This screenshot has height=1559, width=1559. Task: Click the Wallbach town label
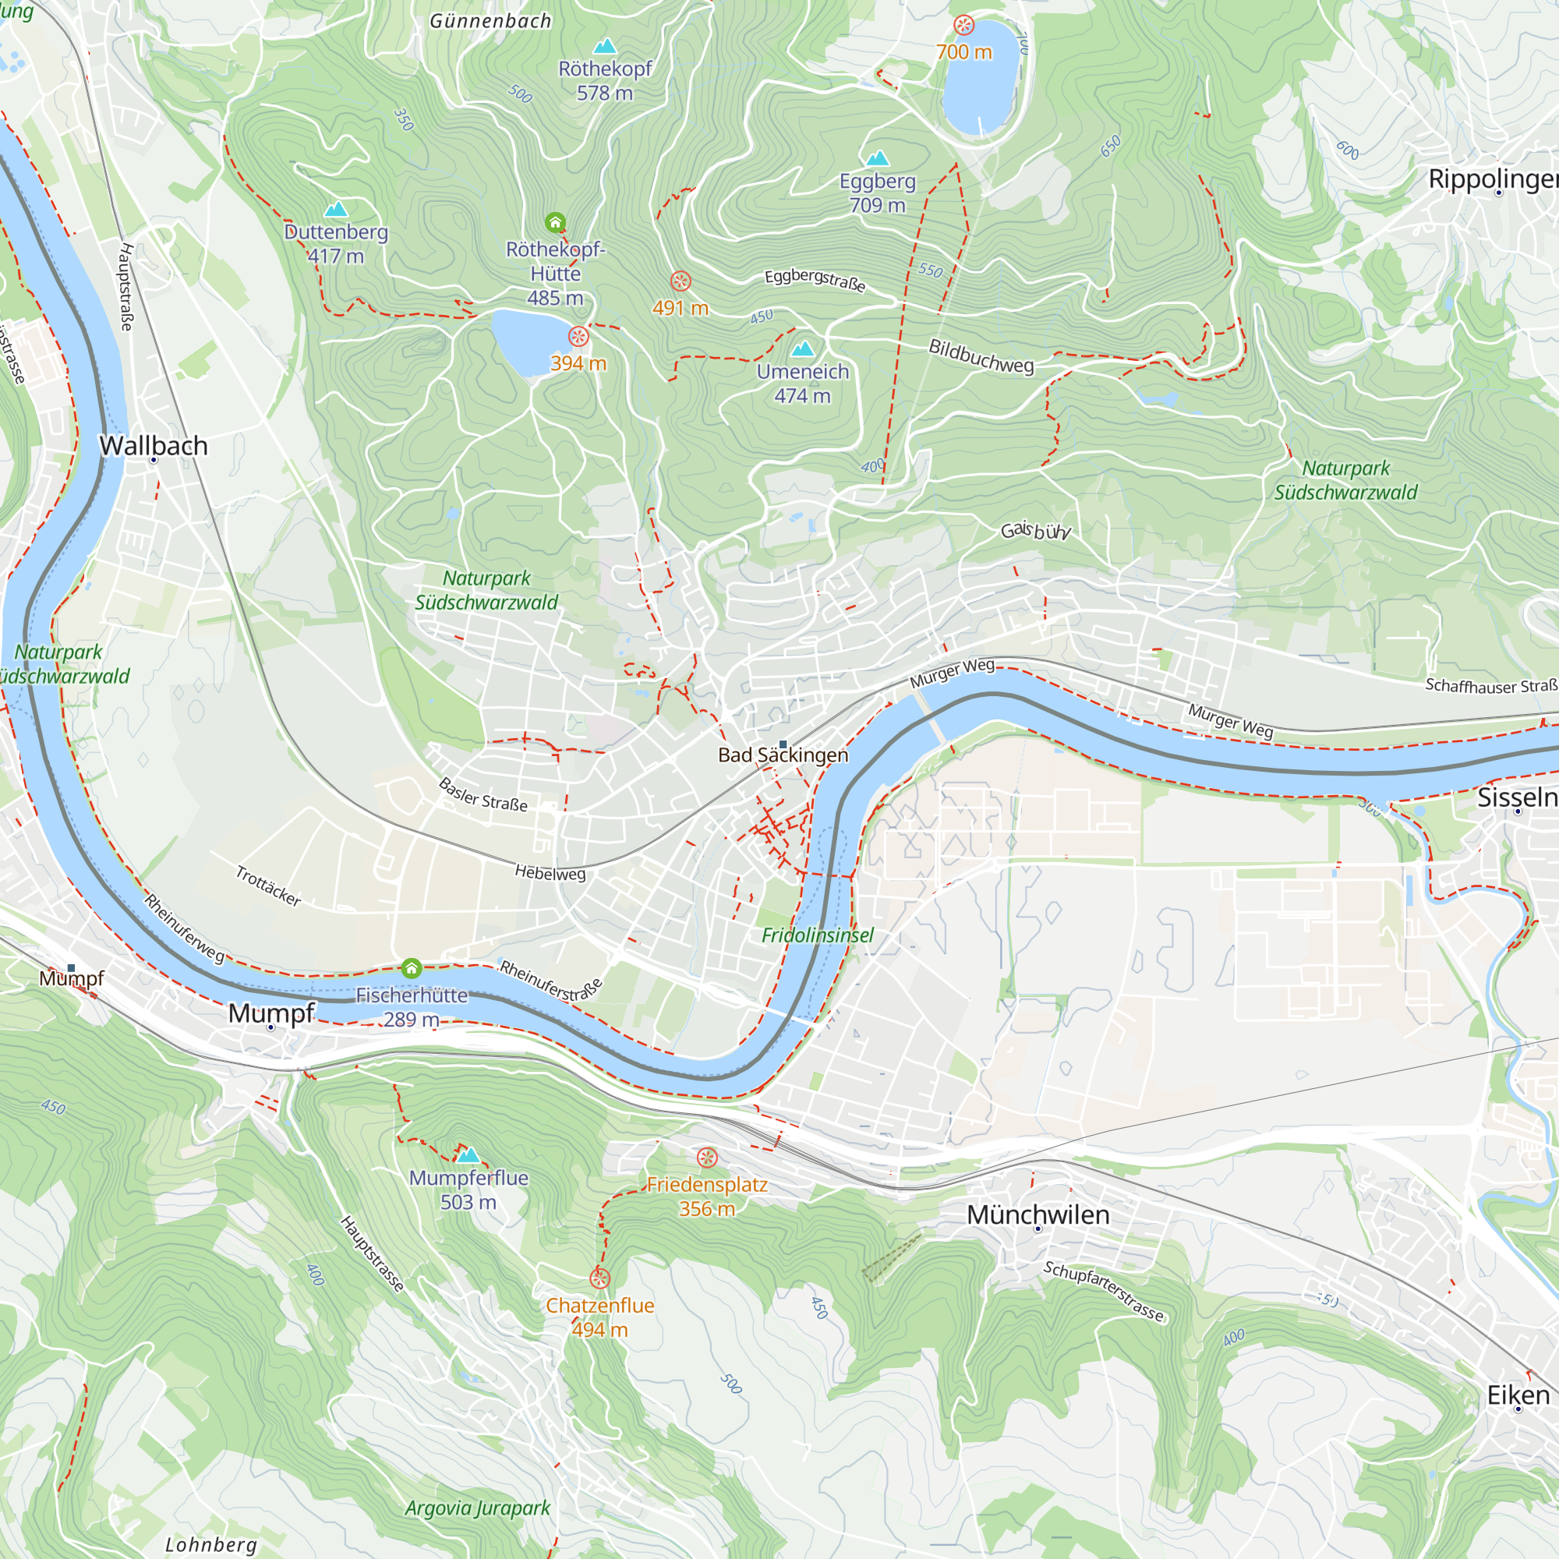154,445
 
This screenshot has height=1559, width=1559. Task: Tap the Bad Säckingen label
783,755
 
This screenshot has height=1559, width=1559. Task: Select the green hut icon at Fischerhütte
412,967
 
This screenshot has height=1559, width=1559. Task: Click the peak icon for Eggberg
877,158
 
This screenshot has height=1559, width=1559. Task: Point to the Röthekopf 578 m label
604,81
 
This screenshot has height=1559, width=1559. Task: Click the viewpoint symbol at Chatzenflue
599,1278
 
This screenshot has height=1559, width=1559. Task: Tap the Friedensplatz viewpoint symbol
707,1158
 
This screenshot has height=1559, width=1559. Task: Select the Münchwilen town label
1038,1214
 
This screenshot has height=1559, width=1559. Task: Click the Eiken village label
1518,1395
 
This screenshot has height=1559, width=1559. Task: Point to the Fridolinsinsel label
818,935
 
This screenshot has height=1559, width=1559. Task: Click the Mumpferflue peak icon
468,1154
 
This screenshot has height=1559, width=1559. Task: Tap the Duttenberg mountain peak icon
336,210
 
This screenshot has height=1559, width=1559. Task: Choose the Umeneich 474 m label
802,384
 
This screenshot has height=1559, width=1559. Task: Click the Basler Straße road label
483,795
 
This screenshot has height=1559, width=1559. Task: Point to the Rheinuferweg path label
185,928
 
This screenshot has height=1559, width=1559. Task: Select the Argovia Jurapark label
478,1508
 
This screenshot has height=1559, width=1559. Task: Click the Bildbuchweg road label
981,356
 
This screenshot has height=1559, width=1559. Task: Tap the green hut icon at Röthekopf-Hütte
555,222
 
